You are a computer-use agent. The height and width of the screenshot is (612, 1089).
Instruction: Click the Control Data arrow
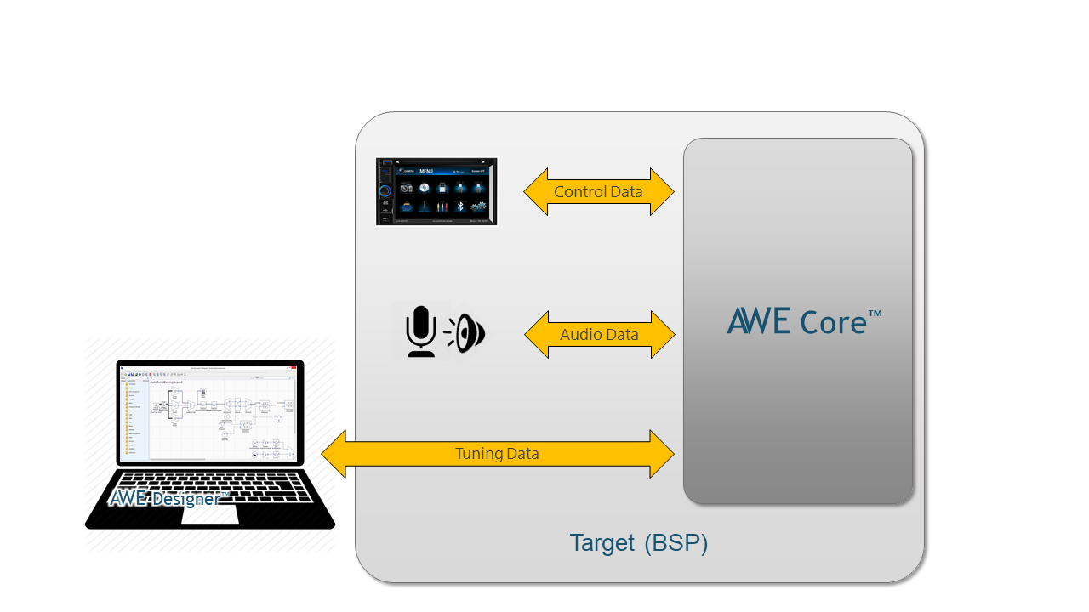click(x=599, y=192)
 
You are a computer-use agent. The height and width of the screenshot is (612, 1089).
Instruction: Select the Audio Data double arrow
click(x=599, y=335)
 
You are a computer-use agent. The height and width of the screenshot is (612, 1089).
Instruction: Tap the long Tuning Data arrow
click(x=497, y=454)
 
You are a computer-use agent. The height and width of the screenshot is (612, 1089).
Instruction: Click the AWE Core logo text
click(x=804, y=321)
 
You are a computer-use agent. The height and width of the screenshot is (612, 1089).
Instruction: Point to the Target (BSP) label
click(x=638, y=543)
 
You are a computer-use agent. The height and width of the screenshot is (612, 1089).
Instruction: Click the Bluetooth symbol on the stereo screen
click(x=459, y=207)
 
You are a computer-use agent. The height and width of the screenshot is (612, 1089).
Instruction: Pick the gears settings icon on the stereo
click(x=479, y=207)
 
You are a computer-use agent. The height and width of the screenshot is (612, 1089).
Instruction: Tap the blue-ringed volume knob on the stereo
click(x=385, y=191)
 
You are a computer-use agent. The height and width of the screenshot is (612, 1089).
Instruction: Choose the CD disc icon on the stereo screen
click(x=424, y=187)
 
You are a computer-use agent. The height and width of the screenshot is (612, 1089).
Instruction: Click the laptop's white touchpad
click(x=210, y=516)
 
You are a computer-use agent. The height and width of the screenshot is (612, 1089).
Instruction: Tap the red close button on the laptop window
click(x=294, y=367)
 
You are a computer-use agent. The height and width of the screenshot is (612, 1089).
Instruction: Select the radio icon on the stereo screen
click(x=406, y=187)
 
